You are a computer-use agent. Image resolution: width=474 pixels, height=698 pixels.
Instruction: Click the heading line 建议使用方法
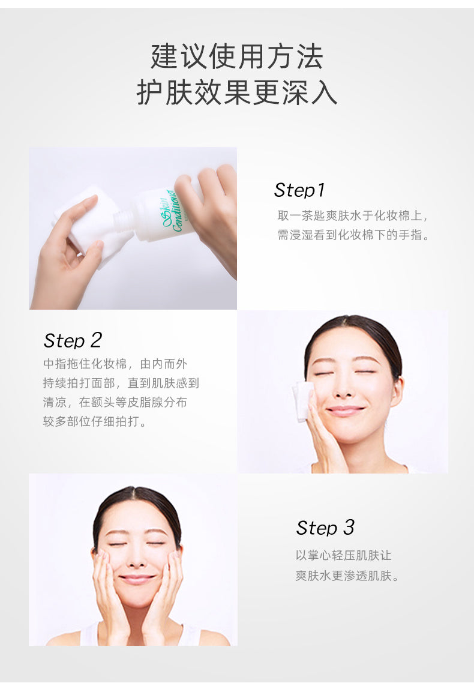[237, 56]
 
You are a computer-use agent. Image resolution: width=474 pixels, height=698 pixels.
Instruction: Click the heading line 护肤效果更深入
[237, 92]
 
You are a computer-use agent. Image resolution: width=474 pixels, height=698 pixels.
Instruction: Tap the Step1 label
[299, 190]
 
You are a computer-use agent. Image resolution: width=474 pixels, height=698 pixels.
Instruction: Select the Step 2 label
[73, 340]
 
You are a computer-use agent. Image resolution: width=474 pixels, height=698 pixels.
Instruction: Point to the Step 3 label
[325, 528]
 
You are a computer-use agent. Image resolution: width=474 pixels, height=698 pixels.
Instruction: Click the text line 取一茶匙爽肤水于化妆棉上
[352, 216]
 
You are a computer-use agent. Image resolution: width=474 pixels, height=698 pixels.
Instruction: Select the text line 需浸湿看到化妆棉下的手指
[353, 235]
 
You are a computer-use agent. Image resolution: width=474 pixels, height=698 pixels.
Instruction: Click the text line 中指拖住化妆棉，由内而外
[115, 364]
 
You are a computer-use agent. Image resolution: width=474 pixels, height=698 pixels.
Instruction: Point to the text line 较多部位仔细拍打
[94, 421]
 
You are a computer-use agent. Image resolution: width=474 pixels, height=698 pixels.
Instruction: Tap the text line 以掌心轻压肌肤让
[344, 556]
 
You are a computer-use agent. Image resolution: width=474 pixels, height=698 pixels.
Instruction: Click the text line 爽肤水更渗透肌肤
[347, 576]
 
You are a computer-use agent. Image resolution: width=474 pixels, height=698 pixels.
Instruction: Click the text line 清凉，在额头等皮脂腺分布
[115, 403]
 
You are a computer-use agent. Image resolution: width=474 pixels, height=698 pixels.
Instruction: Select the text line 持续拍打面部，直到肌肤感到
[121, 384]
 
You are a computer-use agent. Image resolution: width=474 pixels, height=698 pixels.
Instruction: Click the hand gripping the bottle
[209, 214]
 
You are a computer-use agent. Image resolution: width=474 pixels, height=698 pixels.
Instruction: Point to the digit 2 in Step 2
[96, 340]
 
